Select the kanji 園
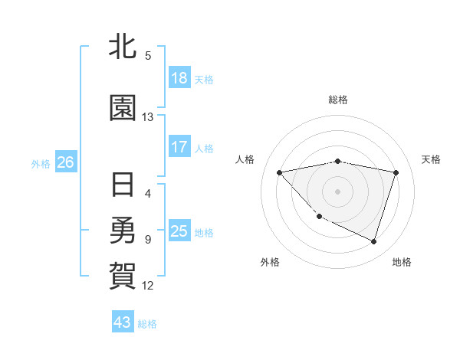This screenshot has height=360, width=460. point(123,110)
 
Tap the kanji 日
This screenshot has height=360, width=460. point(123,185)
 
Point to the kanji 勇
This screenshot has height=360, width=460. point(123,230)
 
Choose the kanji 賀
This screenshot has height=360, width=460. point(123,274)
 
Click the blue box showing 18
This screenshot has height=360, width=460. point(179,77)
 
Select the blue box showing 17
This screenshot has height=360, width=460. point(179,146)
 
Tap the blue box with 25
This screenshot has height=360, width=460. point(179,231)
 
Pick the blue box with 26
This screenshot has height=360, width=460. point(65,162)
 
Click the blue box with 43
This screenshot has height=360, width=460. point(123,322)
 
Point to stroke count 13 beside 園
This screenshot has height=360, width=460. point(148,117)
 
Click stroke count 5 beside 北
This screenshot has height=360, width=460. point(148,55)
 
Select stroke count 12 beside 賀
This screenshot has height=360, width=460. point(148,286)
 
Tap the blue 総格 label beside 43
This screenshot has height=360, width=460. point(147,324)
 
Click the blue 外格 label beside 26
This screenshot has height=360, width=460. point(41,163)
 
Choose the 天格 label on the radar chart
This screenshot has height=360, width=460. point(432,159)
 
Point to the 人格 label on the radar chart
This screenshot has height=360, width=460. point(245,159)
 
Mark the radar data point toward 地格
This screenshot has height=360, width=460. point(373,242)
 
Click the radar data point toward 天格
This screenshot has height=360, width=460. point(396,172)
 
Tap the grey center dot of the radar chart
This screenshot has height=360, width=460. point(337,191)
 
